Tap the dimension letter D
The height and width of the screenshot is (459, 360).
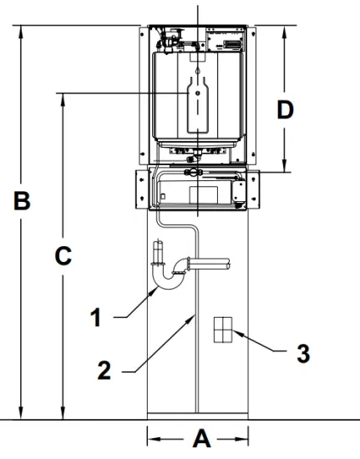tap(286, 109)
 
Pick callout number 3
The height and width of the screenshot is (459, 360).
tap(303, 353)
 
